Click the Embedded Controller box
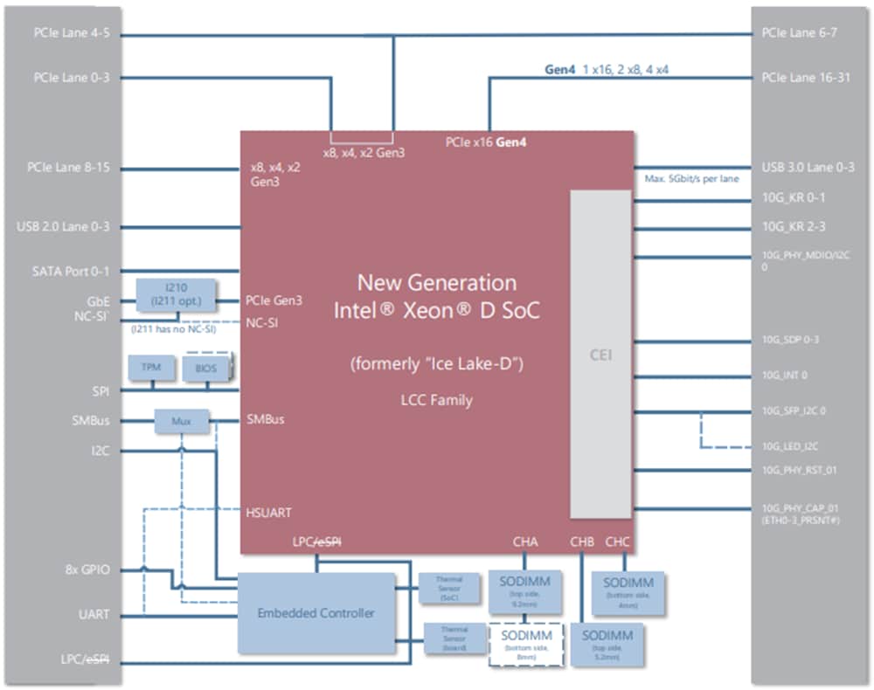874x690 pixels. coord(316,612)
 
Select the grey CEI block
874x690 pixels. coord(600,355)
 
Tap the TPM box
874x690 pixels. coord(151,368)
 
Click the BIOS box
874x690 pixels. coord(205,368)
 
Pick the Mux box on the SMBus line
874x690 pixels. coord(182,421)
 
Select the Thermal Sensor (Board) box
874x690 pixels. coord(453,638)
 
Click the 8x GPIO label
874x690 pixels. coord(86,569)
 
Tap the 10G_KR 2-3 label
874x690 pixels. coord(793,227)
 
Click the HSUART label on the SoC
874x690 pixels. coord(268,513)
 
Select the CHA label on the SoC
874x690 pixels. coord(525,542)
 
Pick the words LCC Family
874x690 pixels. coord(436,400)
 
